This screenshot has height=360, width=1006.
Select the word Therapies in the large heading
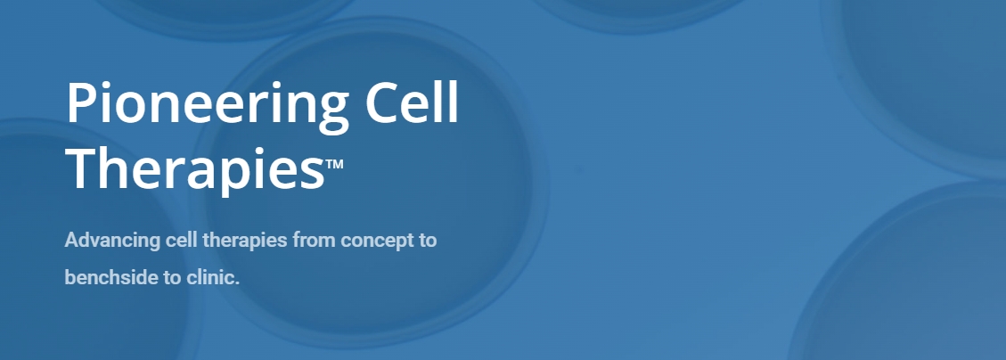click(195, 168)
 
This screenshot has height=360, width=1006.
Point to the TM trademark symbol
click(334, 164)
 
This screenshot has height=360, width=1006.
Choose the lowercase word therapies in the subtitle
click(244, 241)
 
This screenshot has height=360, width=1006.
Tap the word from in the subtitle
click(315, 241)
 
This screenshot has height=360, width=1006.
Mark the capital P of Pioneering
click(82, 102)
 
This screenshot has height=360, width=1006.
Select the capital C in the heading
click(384, 102)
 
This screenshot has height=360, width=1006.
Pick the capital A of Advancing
click(72, 240)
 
